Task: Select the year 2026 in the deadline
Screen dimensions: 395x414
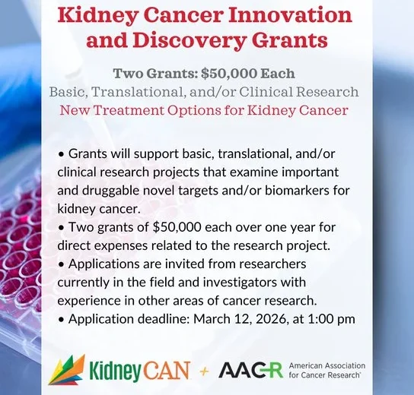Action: pos(291,318)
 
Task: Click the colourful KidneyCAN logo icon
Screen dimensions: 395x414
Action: pos(64,370)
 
